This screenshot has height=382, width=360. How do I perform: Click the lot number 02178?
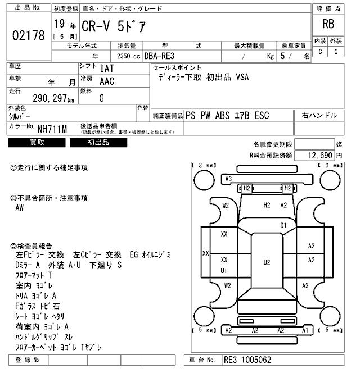point(28,35)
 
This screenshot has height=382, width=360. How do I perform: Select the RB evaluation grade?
point(328,24)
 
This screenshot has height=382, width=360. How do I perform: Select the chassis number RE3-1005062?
point(249,360)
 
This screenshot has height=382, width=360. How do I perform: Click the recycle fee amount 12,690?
point(318,154)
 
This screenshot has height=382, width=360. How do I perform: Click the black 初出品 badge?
point(98,143)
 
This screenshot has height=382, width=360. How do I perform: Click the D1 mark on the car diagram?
point(283,225)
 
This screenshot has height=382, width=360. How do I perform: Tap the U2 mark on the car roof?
point(267,262)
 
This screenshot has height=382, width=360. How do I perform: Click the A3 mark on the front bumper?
point(228,179)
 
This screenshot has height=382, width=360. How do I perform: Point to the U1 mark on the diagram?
point(223,270)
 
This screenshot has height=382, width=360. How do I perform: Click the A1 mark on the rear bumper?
point(304,330)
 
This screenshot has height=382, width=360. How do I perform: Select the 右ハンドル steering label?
point(319,116)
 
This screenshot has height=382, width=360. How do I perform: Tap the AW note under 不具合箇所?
point(20,208)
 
